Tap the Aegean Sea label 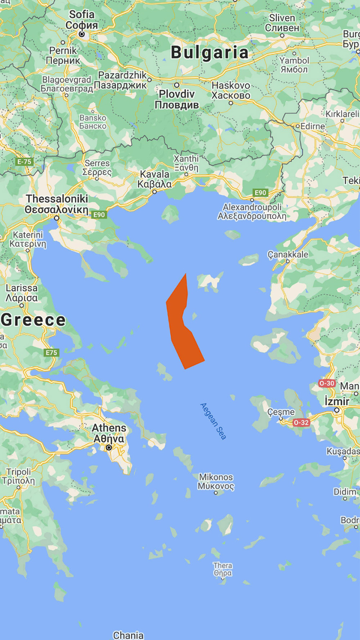click(x=213, y=421)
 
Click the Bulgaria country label click(x=209, y=52)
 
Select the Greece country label click(x=33, y=320)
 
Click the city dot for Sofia click(x=82, y=34)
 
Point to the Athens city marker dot click(x=109, y=448)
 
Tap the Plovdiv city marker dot click(x=177, y=85)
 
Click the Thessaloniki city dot click(x=57, y=218)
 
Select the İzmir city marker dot click(x=337, y=410)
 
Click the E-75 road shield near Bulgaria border click(x=24, y=162)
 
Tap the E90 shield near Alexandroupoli click(x=260, y=192)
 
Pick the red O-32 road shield click(x=301, y=423)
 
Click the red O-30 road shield click(x=327, y=383)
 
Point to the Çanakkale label click(x=288, y=254)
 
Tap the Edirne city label click(x=313, y=126)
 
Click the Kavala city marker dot click(x=155, y=192)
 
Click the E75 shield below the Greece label click(x=51, y=353)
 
